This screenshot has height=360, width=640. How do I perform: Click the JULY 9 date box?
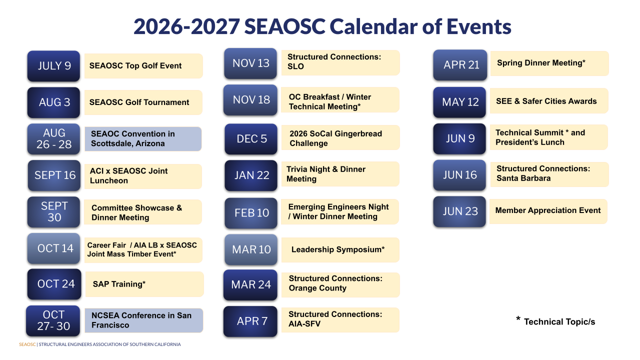(53, 66)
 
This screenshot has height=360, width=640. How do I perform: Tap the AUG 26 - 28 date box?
(53, 139)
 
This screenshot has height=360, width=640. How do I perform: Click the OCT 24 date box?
(54, 284)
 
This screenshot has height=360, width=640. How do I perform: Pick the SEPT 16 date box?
(54, 175)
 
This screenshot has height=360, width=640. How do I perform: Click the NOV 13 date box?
(250, 63)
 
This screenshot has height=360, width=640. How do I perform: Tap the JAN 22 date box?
(251, 175)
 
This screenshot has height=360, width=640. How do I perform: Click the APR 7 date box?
(250, 321)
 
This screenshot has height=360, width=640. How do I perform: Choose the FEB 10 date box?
(251, 213)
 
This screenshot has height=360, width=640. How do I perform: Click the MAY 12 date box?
(459, 102)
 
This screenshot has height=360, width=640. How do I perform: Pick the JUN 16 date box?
(459, 175)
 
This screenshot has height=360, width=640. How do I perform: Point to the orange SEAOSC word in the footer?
(27, 344)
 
